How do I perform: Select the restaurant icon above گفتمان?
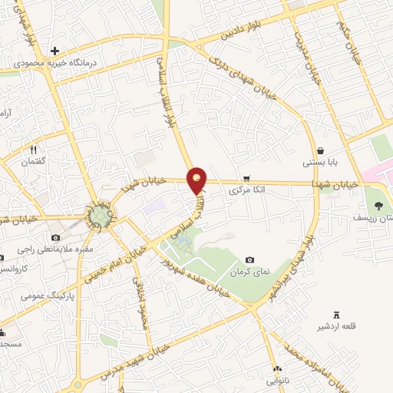(x=33, y=149)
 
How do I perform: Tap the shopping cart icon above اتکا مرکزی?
(x=246, y=175)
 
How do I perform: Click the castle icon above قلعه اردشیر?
(x=335, y=315)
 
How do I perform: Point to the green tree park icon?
(x=378, y=205)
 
